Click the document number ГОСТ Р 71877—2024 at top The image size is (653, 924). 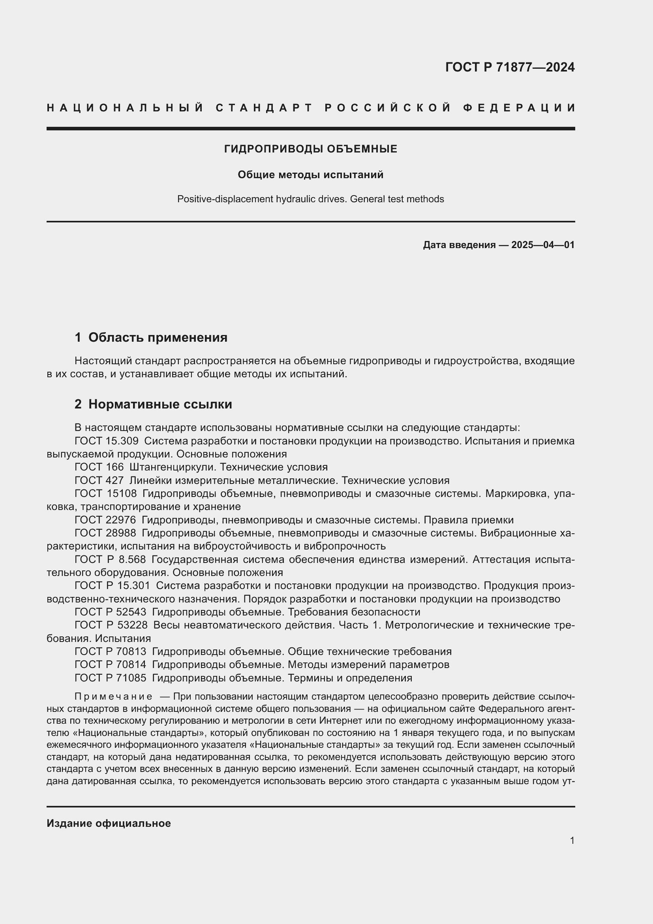pos(510,67)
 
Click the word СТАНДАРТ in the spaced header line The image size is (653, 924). pos(264,108)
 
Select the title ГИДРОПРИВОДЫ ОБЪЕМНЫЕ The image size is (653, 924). pos(310,149)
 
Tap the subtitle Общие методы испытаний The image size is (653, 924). pos(310,175)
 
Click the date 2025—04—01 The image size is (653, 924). pos(543,245)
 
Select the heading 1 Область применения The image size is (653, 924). pos(151,337)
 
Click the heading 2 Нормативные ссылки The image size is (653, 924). pos(153,404)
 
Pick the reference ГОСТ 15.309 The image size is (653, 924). pos(107,441)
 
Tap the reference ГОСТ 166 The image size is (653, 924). pos(99,467)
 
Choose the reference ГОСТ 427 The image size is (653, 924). pos(99,480)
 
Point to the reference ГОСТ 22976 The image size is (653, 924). pos(105,520)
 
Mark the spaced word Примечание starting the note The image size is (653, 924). pos(113,696)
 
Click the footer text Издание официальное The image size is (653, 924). pos(109,823)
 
